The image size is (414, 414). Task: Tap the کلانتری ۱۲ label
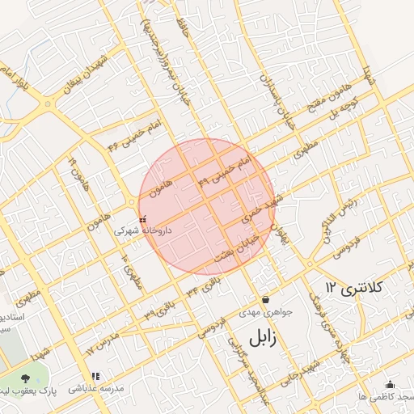[357, 287]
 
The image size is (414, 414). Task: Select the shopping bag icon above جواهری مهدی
[264, 299]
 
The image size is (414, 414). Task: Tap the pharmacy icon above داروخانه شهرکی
[143, 219]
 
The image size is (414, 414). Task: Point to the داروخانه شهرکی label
[144, 231]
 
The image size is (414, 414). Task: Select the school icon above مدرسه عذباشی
[96, 376]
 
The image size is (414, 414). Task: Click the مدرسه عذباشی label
[97, 389]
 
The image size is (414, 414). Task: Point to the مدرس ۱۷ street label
[103, 341]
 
